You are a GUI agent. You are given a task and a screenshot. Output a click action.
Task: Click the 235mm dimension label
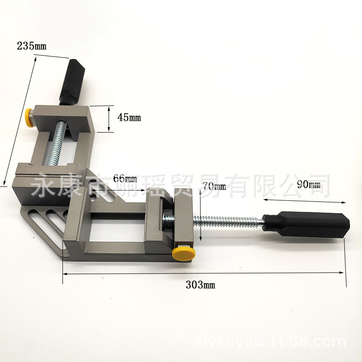[x=32, y=46]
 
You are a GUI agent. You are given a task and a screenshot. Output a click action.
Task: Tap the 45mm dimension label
[x=129, y=118]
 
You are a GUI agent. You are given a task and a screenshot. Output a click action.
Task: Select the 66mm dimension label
[x=125, y=178]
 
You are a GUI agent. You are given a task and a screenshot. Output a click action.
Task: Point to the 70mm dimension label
[x=214, y=186]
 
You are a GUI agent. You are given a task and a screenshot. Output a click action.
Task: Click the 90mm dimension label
[x=309, y=184]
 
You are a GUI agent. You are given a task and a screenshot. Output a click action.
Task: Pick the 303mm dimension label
[x=200, y=285]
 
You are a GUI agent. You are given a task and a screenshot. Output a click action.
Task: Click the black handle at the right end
[x=306, y=223]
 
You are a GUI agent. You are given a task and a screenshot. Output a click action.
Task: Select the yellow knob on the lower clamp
[x=184, y=255]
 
